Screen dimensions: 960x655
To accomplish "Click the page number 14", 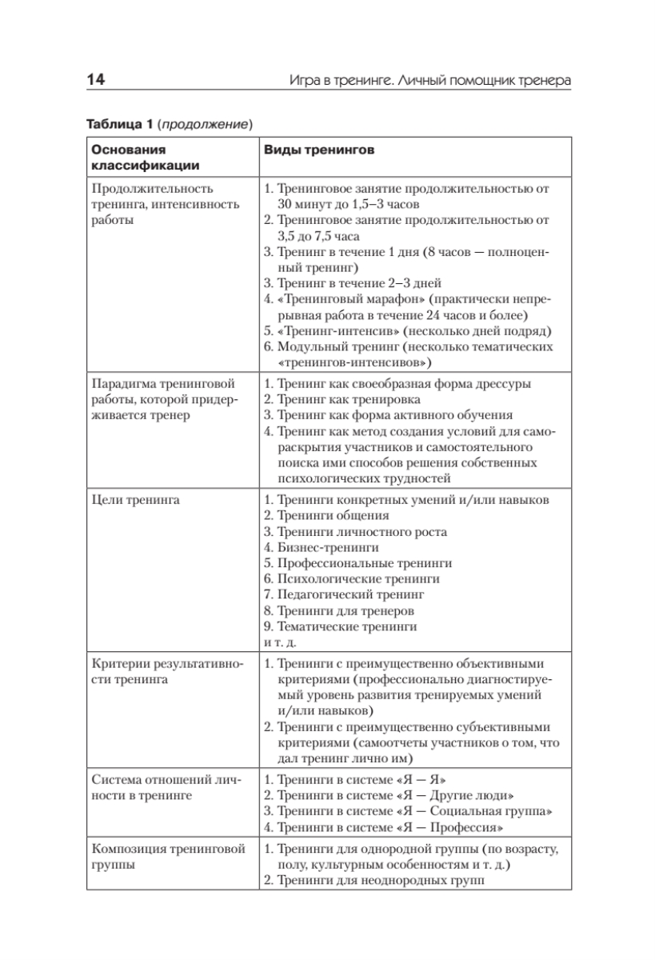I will click(x=94, y=80).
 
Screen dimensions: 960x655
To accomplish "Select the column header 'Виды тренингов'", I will click(x=315, y=150).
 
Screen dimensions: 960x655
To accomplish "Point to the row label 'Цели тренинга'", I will click(x=135, y=500).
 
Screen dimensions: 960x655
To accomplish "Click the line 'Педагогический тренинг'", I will click(x=349, y=595).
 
